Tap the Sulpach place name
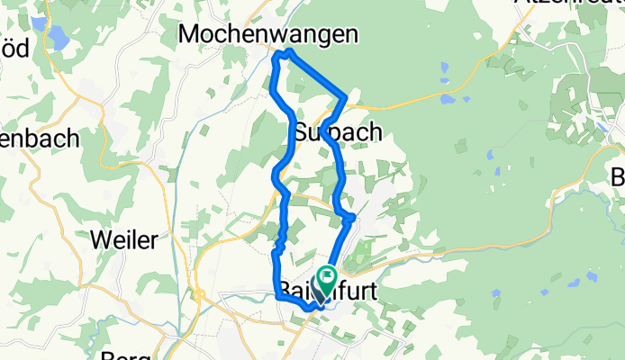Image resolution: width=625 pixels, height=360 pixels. [x=338, y=132]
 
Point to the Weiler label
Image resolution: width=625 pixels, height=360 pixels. [x=125, y=239]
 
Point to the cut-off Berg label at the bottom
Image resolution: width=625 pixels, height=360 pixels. [x=125, y=355]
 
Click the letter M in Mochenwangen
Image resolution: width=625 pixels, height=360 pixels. [x=192, y=34]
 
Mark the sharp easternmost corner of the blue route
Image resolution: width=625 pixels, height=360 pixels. [x=347, y=96]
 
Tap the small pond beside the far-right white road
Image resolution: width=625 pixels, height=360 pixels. [x=601, y=126]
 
